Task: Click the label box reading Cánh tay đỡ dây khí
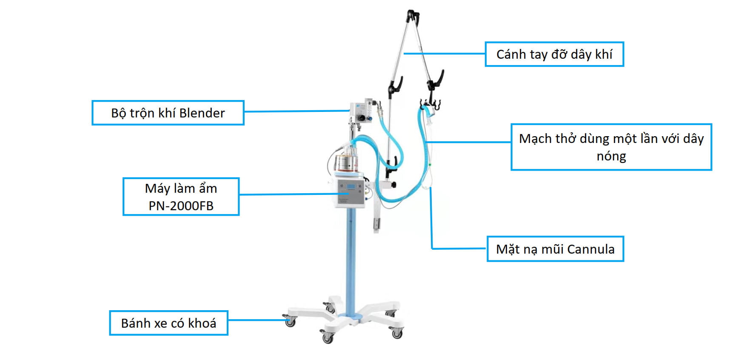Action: point(554,54)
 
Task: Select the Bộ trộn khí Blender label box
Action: point(168,113)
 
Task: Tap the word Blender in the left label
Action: point(202,113)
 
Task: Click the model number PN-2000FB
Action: point(181,206)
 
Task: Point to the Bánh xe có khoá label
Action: point(168,323)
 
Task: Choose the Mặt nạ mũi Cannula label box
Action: point(555,249)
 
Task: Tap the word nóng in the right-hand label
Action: point(611,156)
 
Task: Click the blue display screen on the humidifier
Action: point(351,187)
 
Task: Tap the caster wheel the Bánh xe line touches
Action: point(290,322)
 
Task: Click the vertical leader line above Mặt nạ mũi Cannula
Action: point(431,217)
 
